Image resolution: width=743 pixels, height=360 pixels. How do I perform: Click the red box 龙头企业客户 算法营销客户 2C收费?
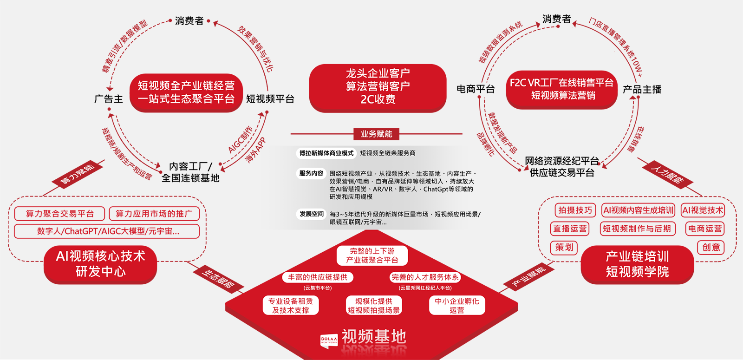point(378,87)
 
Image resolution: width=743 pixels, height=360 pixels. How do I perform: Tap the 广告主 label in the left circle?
point(109,99)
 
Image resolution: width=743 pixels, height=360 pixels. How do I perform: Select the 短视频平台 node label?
point(270,99)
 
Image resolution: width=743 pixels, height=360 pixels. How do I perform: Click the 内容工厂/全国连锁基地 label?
point(190,172)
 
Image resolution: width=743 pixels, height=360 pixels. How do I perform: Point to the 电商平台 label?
point(476,89)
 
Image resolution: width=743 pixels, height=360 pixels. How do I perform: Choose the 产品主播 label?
point(642,89)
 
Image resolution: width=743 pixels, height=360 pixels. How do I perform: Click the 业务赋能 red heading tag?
point(376,134)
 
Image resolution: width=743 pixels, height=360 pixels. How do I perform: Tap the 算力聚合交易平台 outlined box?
point(59,214)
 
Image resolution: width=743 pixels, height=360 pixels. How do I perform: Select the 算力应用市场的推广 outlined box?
point(154,214)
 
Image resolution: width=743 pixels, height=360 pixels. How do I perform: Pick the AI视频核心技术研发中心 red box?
point(100,264)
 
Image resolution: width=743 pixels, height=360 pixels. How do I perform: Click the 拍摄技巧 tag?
point(575,210)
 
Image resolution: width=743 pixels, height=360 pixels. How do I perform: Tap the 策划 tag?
point(564,248)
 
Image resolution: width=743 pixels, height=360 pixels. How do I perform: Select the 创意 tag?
point(711,248)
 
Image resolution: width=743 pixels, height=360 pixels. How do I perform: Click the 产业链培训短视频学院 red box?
point(637,264)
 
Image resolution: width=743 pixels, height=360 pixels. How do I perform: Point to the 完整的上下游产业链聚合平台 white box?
point(372,255)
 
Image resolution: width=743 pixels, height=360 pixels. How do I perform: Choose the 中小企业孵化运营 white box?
point(457,306)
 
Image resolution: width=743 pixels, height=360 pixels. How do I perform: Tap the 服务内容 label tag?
point(311,174)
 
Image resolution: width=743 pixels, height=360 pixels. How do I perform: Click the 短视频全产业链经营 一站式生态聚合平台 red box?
point(186,92)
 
